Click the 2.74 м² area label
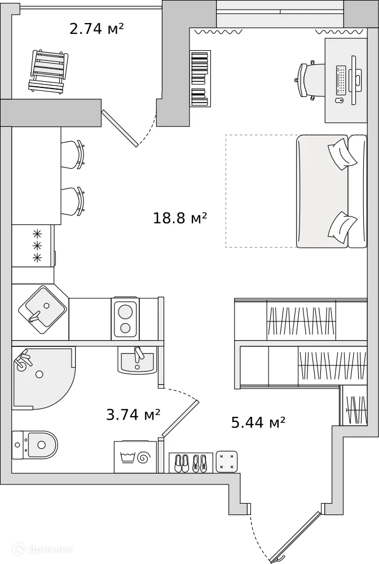[96, 29]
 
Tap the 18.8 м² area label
[180, 218]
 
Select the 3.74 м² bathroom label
[133, 415]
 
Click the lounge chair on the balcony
[48, 71]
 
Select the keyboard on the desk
[341, 81]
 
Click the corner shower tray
[39, 375]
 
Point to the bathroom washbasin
[137, 359]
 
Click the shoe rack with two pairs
[191, 462]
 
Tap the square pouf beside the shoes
[227, 461]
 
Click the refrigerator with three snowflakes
[33, 246]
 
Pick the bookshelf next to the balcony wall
[200, 78]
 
